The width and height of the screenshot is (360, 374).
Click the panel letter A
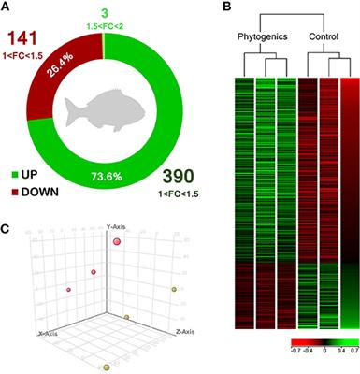point(7,8)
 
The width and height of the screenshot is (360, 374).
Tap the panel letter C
point(7,228)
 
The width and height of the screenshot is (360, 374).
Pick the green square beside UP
point(14,175)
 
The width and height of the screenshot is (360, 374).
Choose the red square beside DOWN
point(14,189)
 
